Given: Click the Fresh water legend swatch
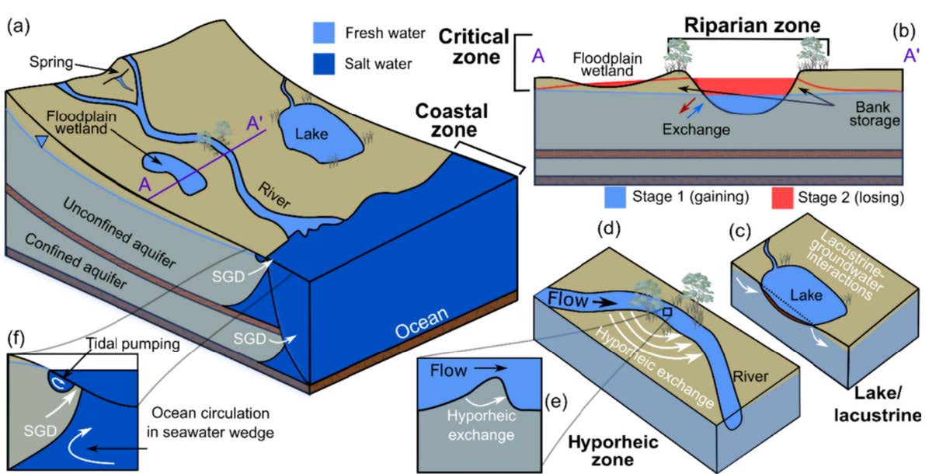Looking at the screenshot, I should tap(325, 34).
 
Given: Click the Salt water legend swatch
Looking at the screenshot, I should tap(325, 64).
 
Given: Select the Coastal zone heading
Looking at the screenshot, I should tap(440, 122).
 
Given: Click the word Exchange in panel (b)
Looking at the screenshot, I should tap(696, 129).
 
